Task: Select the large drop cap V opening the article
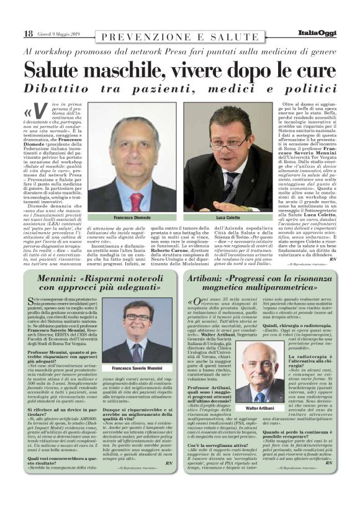40,112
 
